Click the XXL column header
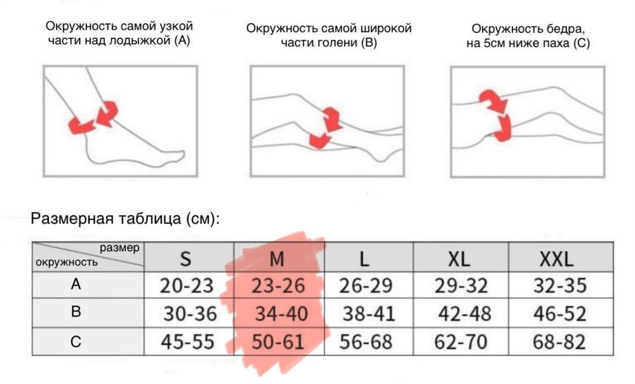point(556,258)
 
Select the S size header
point(185,258)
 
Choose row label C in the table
point(76,342)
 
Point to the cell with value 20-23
point(187,286)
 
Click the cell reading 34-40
point(281,314)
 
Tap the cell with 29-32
point(460,286)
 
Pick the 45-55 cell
point(187,342)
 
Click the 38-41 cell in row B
point(369,314)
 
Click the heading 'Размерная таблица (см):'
point(126,219)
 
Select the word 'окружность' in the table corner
point(67,261)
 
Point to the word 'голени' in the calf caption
point(337,44)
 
